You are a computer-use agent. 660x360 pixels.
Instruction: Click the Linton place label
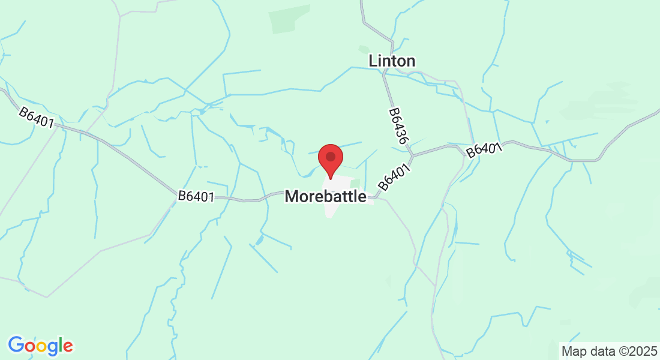click(392, 61)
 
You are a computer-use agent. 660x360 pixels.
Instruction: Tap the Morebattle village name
click(325, 196)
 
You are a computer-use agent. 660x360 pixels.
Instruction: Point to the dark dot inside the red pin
click(330, 157)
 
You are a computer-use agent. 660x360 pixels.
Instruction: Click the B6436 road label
click(398, 125)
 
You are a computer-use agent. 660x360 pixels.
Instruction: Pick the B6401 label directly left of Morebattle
click(196, 196)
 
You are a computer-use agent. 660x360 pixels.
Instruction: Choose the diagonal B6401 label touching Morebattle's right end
click(394, 178)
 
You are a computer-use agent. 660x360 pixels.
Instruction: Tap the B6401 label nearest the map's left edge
click(36, 118)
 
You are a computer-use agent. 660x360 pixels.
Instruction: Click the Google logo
click(40, 346)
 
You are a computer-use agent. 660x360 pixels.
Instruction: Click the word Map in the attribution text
click(572, 350)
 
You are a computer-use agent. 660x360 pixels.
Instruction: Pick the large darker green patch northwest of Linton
click(290, 19)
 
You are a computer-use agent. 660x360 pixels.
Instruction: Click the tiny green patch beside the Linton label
click(363, 49)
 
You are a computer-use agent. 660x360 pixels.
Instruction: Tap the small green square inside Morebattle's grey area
click(355, 184)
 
